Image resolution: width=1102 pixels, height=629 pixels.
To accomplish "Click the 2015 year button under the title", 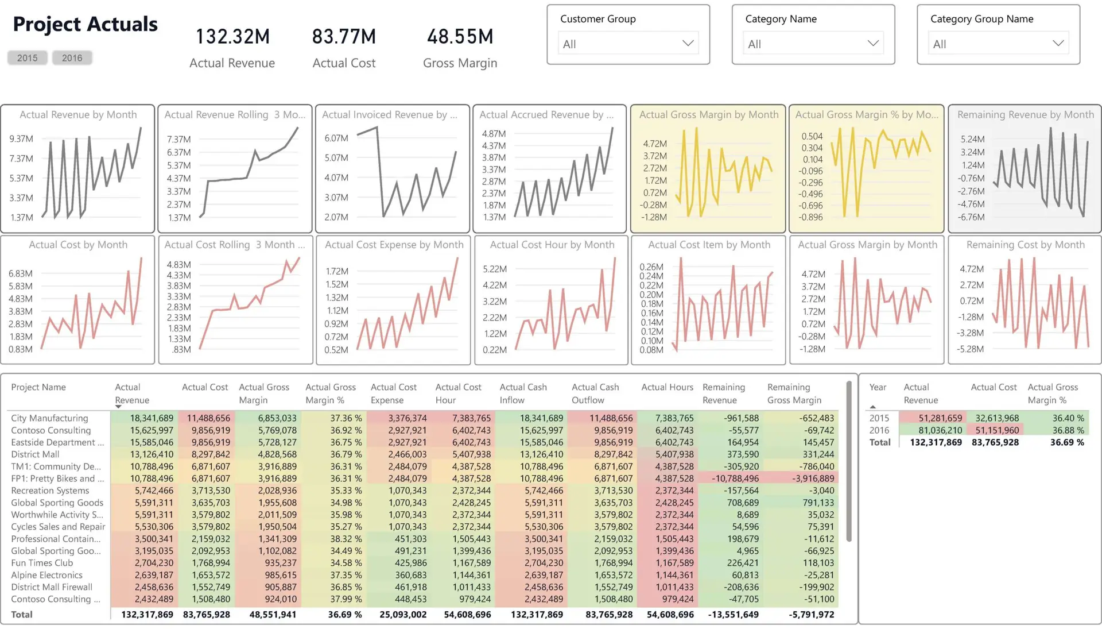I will (27, 58).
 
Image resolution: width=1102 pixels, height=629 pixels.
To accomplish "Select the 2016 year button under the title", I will (72, 58).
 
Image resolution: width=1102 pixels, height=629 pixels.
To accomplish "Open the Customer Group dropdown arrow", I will (688, 44).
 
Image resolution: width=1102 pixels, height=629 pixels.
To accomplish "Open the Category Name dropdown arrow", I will (873, 44).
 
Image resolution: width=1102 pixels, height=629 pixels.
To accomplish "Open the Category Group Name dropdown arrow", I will (1058, 44).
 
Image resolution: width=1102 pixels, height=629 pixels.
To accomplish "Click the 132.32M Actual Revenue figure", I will (232, 37).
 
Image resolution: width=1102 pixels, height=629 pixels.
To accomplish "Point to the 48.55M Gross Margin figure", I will (460, 37).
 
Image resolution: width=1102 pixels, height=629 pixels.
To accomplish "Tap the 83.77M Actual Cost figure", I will (344, 37).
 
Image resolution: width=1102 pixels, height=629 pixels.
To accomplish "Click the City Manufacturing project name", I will (49, 418).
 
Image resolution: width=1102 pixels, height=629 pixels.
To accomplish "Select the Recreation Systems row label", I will (50, 491).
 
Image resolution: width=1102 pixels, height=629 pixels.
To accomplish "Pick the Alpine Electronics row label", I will (46, 575).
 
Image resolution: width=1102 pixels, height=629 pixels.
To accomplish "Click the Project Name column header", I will (38, 387).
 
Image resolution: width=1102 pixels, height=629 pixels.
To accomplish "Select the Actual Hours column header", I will (667, 387).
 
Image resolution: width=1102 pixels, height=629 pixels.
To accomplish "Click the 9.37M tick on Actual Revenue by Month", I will (21, 139).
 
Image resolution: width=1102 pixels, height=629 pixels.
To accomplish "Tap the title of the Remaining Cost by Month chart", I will (1025, 245).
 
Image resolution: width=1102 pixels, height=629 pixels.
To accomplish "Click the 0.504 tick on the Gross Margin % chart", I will (812, 136).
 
